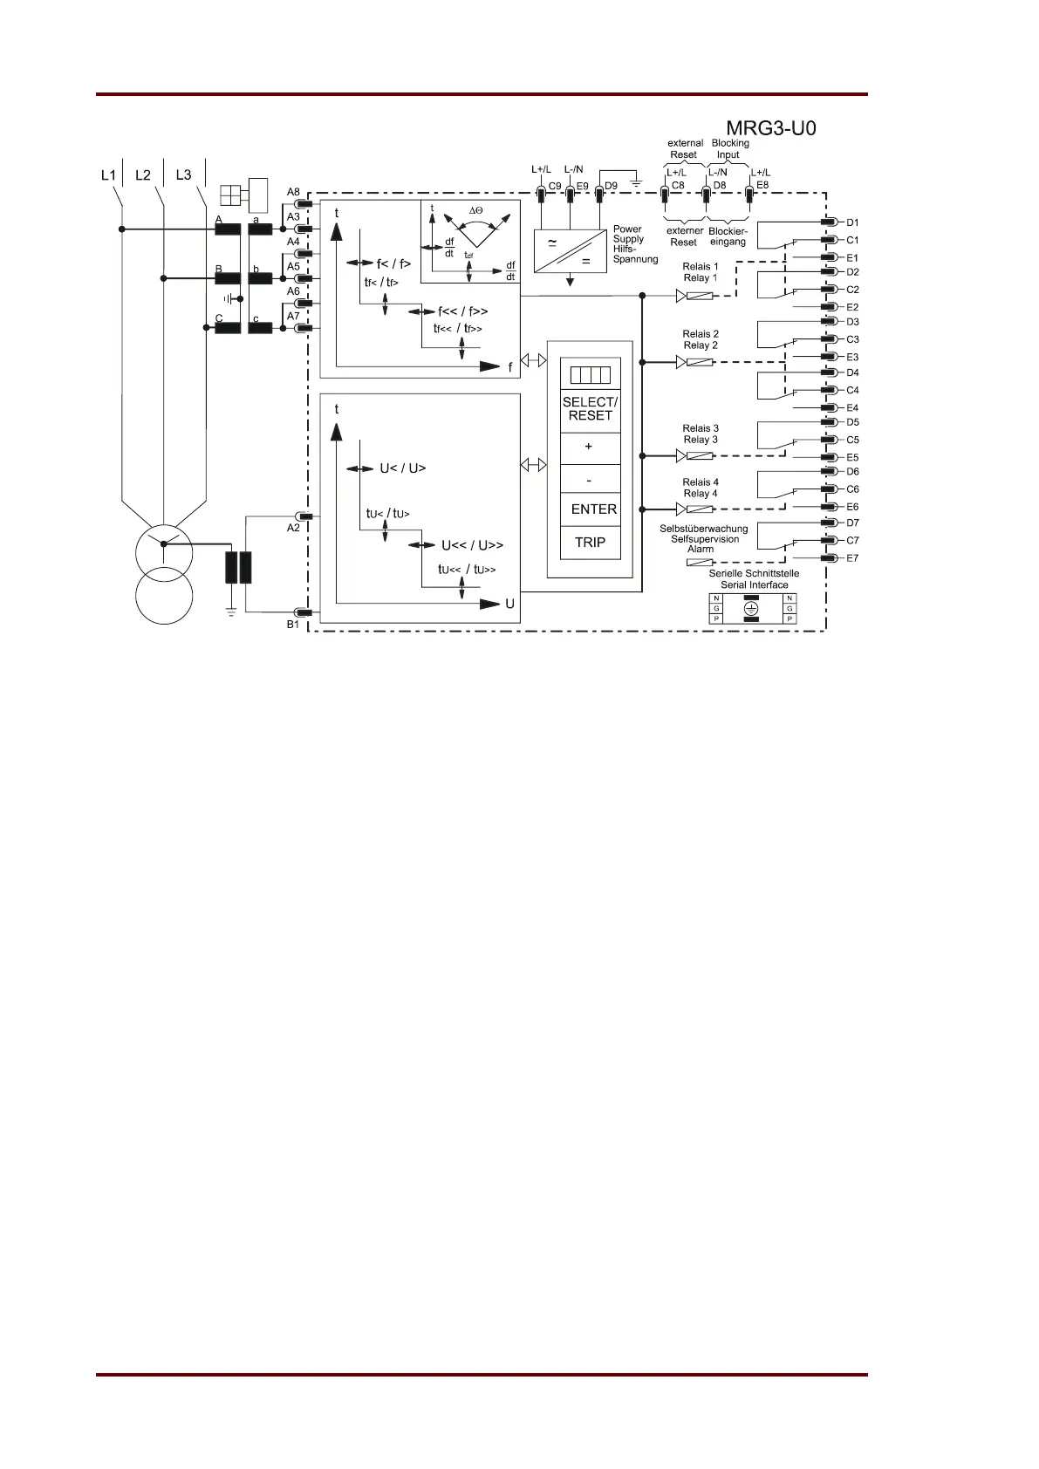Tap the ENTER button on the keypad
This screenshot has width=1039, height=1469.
click(593, 509)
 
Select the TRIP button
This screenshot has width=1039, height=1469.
click(590, 543)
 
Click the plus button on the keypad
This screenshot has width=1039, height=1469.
click(589, 447)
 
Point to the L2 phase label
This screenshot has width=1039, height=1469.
click(143, 175)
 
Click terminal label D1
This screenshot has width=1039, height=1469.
click(852, 222)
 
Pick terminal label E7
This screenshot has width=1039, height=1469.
click(852, 558)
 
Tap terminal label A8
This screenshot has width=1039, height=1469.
click(293, 192)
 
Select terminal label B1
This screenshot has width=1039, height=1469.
click(293, 625)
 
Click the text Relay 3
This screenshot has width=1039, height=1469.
click(701, 440)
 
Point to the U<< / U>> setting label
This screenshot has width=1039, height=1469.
click(472, 546)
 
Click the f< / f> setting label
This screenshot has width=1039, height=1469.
click(393, 263)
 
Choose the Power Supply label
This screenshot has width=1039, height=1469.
click(627, 234)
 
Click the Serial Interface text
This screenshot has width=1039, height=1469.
click(754, 585)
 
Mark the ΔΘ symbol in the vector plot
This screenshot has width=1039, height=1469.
click(475, 211)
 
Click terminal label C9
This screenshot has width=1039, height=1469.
click(555, 186)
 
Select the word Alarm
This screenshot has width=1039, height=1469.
click(701, 550)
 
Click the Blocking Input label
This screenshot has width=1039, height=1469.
click(729, 148)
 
